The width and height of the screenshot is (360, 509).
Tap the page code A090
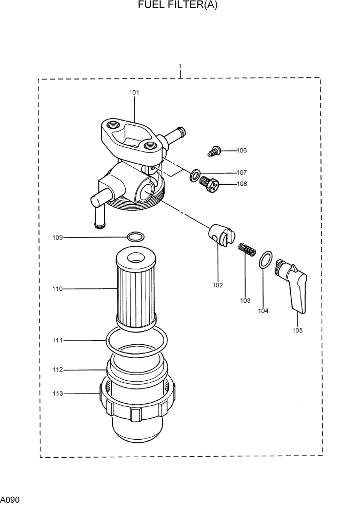coord(10,499)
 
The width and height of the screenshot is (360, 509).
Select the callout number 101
coord(134,93)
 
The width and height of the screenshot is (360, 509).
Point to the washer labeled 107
coord(195,175)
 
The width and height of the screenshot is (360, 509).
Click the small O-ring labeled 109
coord(135,237)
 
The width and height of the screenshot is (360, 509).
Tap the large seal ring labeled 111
coord(136,341)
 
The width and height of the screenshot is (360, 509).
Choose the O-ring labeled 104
coord(265,260)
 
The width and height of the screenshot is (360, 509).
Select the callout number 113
coord(57,394)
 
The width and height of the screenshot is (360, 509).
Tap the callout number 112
coord(57,369)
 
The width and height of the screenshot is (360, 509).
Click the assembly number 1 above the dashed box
coord(180,67)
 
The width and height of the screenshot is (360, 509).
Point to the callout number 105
coord(297,330)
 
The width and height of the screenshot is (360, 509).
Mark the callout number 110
coord(57,289)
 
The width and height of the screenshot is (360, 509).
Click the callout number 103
coord(245,300)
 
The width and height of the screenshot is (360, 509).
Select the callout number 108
coord(242,184)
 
